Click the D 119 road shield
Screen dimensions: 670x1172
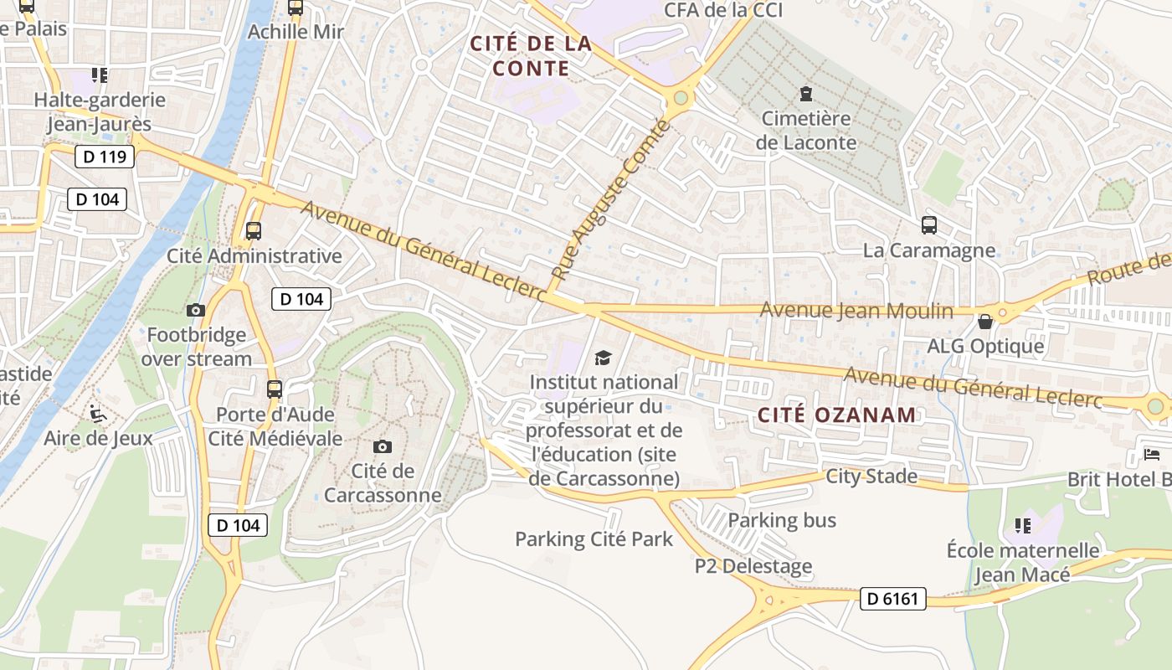tap(105, 157)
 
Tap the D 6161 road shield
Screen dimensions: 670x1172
tap(892, 599)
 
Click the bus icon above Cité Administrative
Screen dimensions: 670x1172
tap(254, 231)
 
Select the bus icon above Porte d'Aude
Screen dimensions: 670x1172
tap(275, 389)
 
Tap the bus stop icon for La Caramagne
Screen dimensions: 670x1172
tap(929, 225)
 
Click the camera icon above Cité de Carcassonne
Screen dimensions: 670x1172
tap(383, 446)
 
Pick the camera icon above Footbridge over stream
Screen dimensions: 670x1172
tap(195, 311)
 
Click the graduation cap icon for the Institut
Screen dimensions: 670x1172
tap(603, 358)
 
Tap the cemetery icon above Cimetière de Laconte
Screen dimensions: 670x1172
tap(805, 93)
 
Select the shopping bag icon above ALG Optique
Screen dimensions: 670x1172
tap(985, 322)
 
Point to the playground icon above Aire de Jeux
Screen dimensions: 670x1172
tap(98, 413)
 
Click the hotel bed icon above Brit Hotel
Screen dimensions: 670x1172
tap(1153, 455)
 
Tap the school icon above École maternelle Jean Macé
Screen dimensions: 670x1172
tap(1022, 526)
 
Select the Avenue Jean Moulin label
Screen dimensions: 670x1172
tap(856, 311)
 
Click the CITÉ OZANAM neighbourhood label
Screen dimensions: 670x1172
tap(837, 415)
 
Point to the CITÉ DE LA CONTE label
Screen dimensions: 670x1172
tap(531, 56)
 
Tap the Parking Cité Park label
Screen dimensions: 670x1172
tap(594, 539)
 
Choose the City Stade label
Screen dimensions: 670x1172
tap(871, 477)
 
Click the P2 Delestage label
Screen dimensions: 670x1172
tap(753, 567)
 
